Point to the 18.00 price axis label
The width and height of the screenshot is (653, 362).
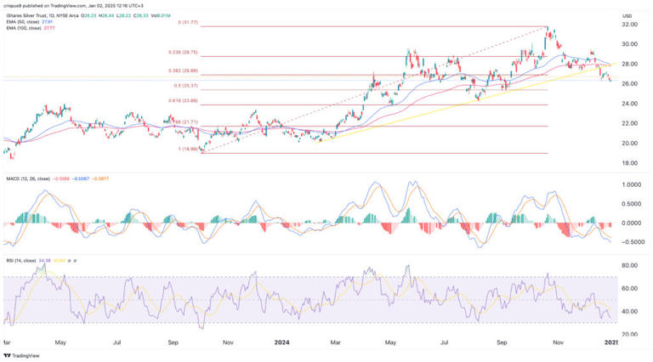pyautogui.click(x=630, y=162)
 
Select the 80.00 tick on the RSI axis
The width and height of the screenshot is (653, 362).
pyautogui.click(x=630, y=267)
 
